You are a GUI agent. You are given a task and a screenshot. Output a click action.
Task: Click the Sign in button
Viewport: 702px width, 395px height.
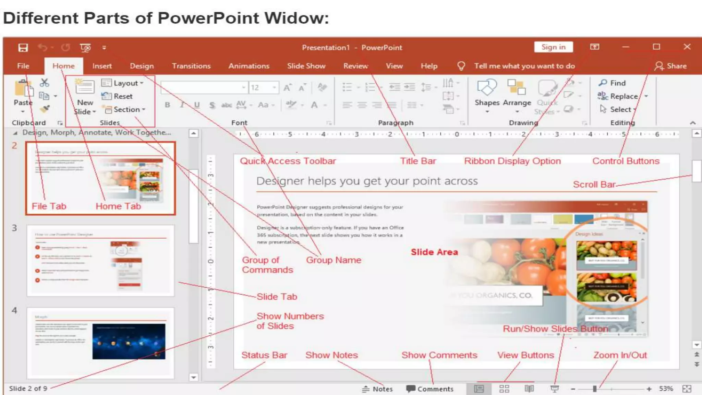(x=553, y=47)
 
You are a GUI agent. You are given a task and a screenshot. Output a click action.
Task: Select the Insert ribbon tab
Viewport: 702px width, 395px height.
(x=102, y=66)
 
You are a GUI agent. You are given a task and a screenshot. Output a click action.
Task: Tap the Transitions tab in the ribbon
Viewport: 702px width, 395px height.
(x=191, y=66)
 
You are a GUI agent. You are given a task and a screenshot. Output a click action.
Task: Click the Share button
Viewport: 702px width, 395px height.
(x=671, y=66)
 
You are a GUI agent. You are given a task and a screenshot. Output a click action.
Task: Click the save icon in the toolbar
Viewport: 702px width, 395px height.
(x=23, y=48)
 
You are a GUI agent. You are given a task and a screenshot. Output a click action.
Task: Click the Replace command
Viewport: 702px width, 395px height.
(x=624, y=96)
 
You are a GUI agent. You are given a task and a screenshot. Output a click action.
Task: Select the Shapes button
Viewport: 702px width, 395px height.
(x=487, y=93)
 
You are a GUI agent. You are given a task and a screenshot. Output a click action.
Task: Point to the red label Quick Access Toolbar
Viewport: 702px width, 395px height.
(x=288, y=161)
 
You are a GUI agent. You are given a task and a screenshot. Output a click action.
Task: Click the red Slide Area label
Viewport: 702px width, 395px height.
(x=434, y=252)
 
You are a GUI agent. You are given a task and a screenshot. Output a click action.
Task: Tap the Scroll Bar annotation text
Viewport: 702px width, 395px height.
(x=594, y=184)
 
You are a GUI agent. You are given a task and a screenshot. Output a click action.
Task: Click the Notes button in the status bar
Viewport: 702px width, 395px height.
(x=377, y=389)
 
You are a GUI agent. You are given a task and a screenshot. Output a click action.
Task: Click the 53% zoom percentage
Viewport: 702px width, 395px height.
(x=666, y=388)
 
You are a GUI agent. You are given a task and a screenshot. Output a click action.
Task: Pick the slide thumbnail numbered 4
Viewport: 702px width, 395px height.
(x=100, y=343)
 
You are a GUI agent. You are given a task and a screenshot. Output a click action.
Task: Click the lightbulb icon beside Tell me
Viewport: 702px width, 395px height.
(x=461, y=66)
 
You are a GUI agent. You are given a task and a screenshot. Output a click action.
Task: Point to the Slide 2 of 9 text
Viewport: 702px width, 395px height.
(x=28, y=388)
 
